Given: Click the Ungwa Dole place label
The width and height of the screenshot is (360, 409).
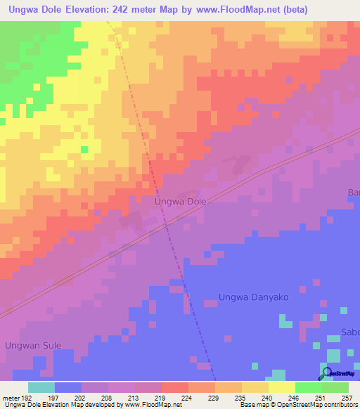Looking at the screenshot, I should coord(180,201).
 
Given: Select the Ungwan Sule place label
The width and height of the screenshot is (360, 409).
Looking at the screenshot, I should coord(33,345).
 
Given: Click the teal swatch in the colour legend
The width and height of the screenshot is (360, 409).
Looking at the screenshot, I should coord(41,387).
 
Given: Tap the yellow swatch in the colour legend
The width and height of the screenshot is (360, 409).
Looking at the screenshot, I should coord(281,387).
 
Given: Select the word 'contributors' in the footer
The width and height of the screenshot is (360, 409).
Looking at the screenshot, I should coord(337,405).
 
